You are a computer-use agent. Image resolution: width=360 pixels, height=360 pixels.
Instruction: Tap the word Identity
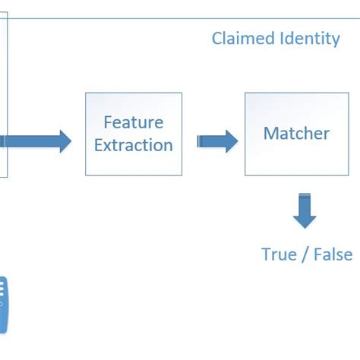point(309,38)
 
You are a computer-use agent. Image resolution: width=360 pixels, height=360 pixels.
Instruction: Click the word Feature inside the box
point(134,122)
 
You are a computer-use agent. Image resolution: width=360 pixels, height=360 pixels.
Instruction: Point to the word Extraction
point(134,144)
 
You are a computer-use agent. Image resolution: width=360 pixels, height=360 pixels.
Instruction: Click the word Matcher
point(296,134)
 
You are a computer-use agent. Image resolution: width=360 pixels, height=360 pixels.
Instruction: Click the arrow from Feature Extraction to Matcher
point(216,141)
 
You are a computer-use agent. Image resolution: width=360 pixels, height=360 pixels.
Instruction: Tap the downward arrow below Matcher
point(305,213)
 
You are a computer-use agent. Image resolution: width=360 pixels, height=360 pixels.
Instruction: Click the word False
point(332,254)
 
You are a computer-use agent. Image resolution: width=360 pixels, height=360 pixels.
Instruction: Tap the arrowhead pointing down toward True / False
point(305,220)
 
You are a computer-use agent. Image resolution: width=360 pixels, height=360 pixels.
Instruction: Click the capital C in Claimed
point(216,38)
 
